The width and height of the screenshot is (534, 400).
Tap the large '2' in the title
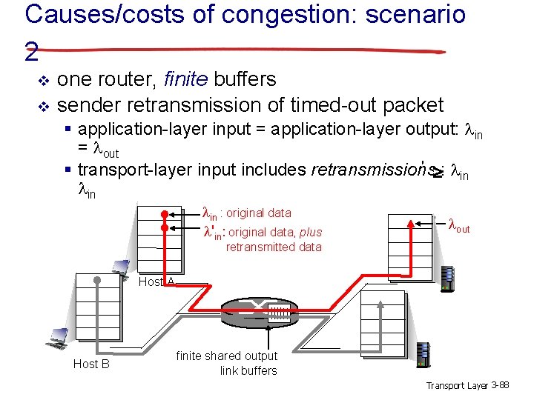tap(31, 51)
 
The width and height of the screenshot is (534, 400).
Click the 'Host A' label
tap(156, 281)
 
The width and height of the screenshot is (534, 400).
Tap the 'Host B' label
tap(91, 364)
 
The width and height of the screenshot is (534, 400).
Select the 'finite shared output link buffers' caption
tap(226, 363)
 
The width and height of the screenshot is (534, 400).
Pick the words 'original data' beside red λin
tap(260, 213)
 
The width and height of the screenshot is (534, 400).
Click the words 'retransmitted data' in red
tap(274, 247)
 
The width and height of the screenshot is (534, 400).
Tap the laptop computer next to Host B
tap(58, 336)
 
